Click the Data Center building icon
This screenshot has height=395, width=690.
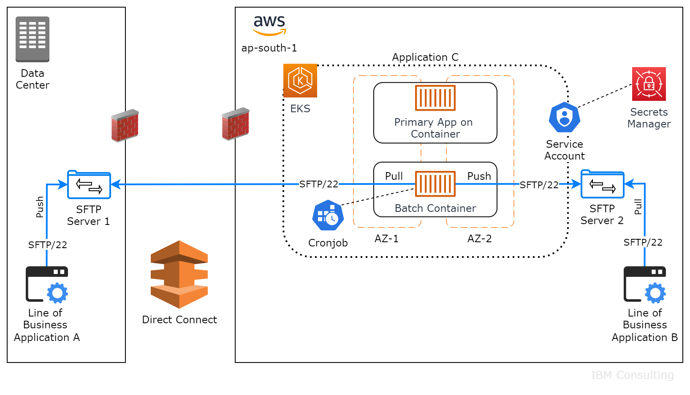33,39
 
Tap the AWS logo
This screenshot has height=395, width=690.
269,25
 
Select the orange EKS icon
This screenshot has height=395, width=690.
300,81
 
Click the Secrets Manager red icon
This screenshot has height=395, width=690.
649,84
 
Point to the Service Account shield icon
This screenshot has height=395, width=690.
564,117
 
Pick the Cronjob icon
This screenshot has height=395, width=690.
328,215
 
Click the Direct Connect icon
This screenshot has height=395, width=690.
179,274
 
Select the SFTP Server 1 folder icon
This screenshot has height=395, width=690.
89,185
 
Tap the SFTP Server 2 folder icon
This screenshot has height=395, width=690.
602,184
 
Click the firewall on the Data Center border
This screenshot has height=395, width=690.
125,126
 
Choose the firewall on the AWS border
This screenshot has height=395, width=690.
236,124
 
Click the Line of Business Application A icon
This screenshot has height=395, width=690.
47,284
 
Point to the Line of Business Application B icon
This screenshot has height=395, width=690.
645,284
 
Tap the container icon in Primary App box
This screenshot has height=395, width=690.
435,97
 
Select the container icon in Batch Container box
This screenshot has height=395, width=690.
435,184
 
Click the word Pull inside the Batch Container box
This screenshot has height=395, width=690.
394,176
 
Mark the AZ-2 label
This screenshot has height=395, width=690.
479,239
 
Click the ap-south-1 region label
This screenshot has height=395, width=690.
269,48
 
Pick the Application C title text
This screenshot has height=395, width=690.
425,57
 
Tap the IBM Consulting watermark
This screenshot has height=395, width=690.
632,375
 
